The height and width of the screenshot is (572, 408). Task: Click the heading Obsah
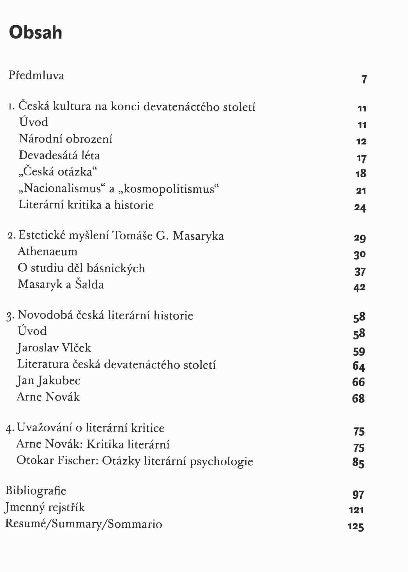[x=35, y=33]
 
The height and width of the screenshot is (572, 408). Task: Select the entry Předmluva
[x=36, y=75]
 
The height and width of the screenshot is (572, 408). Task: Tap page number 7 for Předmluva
[x=364, y=80]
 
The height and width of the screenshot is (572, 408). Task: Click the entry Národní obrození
[x=66, y=139]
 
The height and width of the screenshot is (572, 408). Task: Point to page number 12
[x=361, y=141]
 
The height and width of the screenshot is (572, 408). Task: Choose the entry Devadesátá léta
[x=59, y=155]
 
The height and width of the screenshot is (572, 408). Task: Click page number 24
[x=360, y=208]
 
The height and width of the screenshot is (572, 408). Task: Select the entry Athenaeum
[x=47, y=251]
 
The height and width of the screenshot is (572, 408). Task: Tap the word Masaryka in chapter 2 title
[x=198, y=236]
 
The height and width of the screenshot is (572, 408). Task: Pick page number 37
[x=360, y=272]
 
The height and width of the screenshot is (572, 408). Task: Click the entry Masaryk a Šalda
[x=61, y=284]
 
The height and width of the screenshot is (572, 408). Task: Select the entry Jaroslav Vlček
[x=54, y=348]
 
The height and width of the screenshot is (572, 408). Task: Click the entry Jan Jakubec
[x=49, y=381]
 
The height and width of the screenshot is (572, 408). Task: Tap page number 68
[x=358, y=399]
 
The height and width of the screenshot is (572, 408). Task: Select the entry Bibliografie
[x=36, y=491]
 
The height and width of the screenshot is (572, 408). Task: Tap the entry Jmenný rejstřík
[x=45, y=508]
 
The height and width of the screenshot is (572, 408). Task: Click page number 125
[x=356, y=527]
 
